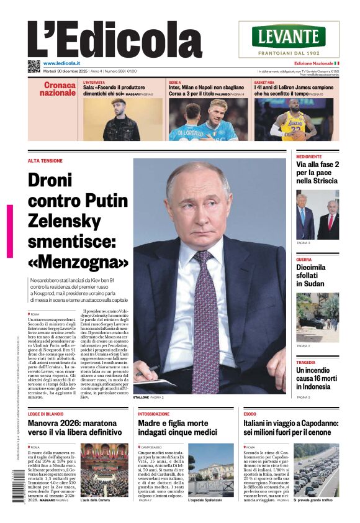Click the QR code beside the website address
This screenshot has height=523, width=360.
(x=34, y=66)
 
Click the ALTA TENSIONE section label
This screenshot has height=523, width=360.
(x=45, y=161)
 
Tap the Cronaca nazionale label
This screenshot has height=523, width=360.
(x=58, y=89)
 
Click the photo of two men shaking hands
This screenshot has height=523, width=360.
(x=317, y=216)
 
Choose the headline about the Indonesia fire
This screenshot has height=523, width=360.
(x=317, y=379)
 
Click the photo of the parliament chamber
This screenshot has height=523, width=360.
(x=104, y=470)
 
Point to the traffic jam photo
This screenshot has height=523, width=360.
(x=316, y=470)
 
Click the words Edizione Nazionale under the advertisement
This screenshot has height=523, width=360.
(x=313, y=63)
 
